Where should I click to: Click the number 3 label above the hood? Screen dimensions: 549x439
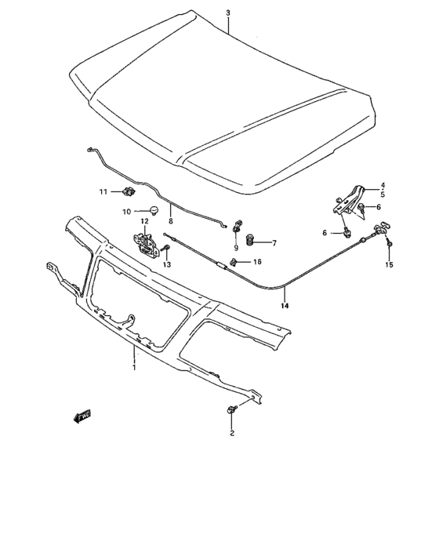tap(227, 13)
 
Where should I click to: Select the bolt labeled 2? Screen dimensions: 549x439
tap(231, 409)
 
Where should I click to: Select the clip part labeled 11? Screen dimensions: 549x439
tap(129, 191)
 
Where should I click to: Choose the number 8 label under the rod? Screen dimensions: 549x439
tap(171, 222)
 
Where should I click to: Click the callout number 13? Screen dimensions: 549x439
tap(166, 266)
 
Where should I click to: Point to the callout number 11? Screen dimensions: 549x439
tap(103, 192)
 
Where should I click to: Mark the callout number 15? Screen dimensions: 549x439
tap(389, 265)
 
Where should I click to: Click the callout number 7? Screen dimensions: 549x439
tap(274, 242)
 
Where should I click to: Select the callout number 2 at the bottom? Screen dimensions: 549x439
tap(231, 432)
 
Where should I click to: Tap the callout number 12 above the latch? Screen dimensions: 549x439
tap(144, 221)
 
